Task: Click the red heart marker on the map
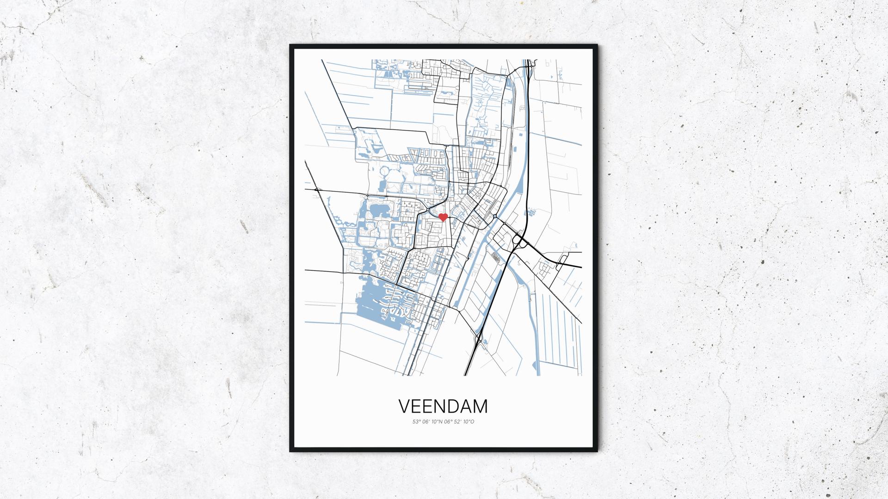[443, 217]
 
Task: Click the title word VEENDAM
[443, 407]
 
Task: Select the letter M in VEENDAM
[480, 407]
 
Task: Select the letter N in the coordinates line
[440, 421]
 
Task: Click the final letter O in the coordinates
[472, 421]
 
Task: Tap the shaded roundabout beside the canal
[495, 216]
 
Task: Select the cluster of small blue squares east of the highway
[530, 212]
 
